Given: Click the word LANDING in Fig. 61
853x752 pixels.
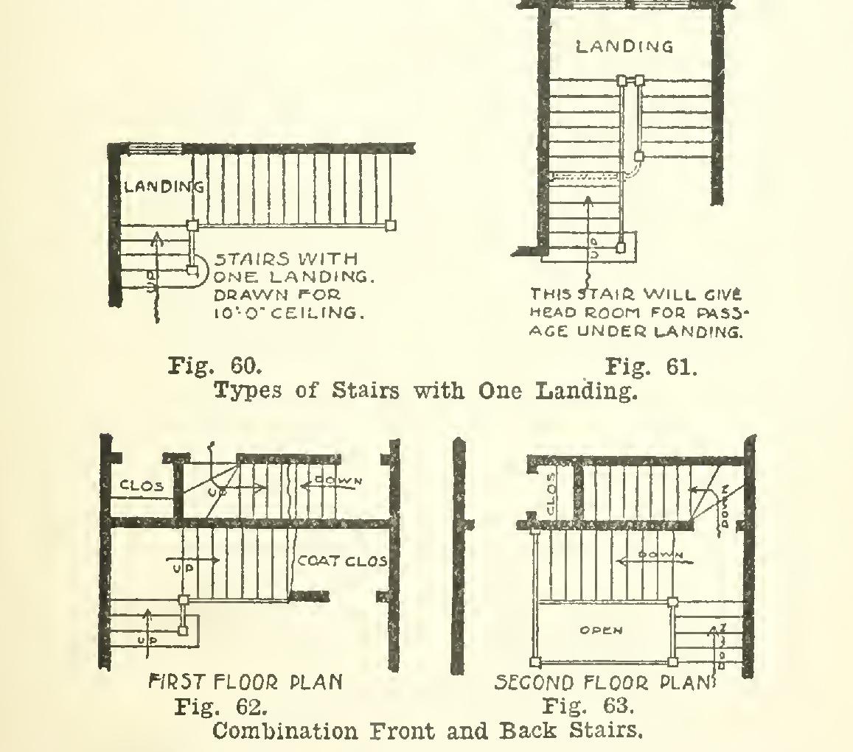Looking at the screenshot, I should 624,47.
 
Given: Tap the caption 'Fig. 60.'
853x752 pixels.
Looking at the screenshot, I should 215,366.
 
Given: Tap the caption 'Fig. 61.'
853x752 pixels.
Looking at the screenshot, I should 650,366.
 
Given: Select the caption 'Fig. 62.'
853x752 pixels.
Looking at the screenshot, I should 220,708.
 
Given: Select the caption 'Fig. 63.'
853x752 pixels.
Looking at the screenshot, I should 588,708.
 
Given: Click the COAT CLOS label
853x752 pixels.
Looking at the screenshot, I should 342,561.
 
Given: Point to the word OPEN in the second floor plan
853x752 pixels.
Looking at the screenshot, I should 602,630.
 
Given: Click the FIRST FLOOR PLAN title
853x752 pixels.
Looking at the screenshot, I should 246,683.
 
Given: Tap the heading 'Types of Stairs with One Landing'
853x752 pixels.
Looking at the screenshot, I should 425,390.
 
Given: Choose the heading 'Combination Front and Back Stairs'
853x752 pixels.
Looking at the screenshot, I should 425,732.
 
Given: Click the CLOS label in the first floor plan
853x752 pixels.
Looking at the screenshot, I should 141,486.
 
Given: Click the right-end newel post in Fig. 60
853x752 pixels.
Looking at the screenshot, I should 391,225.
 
